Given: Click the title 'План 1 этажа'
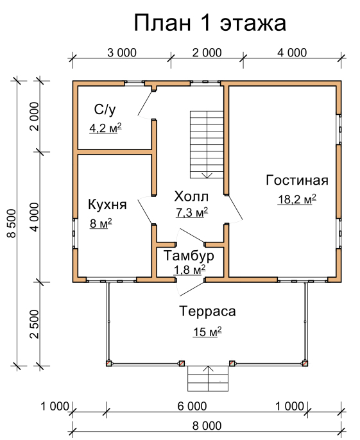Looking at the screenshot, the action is click(210, 23).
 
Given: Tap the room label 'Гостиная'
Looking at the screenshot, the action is click(297, 180).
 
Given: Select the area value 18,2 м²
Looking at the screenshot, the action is click(297, 199).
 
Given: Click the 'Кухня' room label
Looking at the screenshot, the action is click(108, 205).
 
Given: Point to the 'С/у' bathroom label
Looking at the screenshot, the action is click(105, 110).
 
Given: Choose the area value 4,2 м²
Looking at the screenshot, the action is click(106, 128).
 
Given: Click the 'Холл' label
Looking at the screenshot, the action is click(191, 196).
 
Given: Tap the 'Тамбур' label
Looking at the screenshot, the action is click(189, 256).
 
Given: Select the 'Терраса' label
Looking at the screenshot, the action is click(207, 311).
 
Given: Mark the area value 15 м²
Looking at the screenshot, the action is click(207, 332).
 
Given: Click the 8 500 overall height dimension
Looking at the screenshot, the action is click(12, 223).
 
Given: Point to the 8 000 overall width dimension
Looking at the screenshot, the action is click(207, 426).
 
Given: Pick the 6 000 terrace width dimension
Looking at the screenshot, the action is click(192, 406).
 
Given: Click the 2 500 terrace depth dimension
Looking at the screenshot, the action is click(35, 324).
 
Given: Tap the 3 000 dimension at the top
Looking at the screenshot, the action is click(122, 53).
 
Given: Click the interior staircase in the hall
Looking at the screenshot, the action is click(207, 144).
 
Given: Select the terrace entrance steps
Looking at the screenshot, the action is click(208, 378).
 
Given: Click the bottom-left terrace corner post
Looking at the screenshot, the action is click(109, 364).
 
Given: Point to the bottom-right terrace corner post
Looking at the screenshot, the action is click(305, 364).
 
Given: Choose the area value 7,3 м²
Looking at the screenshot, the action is click(192, 212).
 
